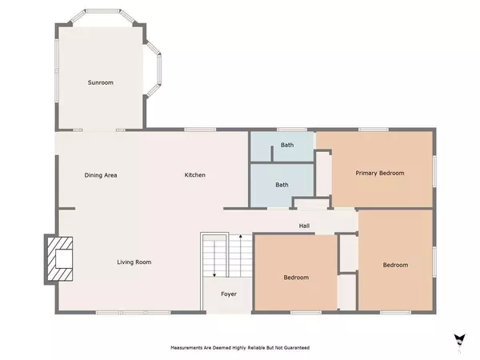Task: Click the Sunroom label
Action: pyautogui.click(x=101, y=82)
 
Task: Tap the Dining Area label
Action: pyautogui.click(x=101, y=175)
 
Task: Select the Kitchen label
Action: pyautogui.click(x=194, y=174)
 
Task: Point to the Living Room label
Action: pyautogui.click(x=134, y=262)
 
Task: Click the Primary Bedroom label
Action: pyautogui.click(x=379, y=174)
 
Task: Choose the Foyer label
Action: pyautogui.click(x=229, y=294)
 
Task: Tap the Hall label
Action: pyautogui.click(x=304, y=226)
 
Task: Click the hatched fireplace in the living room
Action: pyautogui.click(x=60, y=259)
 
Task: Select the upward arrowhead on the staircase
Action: pyautogui.click(x=241, y=236)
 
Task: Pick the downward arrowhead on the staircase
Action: pyautogui.click(x=214, y=275)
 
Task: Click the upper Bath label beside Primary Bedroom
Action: pyautogui.click(x=287, y=145)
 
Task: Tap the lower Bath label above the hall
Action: pyautogui.click(x=282, y=185)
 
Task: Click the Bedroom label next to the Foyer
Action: pyautogui.click(x=296, y=278)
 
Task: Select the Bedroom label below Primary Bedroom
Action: pyautogui.click(x=395, y=265)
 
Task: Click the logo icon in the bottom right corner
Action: pyautogui.click(x=460, y=341)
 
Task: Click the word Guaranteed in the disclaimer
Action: pyautogui.click(x=297, y=348)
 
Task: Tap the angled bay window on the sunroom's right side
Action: pyautogui.click(x=153, y=70)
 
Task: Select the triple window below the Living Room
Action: pyautogui.click(x=133, y=312)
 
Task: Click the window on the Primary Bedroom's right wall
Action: pyautogui.click(x=434, y=171)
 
